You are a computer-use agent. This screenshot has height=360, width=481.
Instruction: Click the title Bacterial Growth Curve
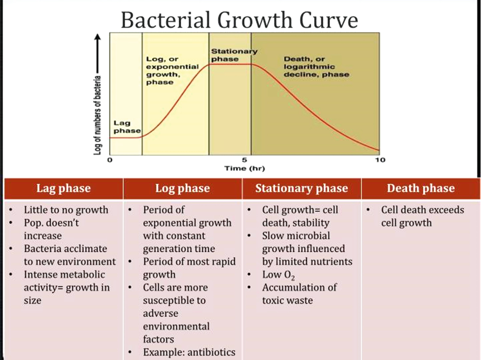tap(239, 20)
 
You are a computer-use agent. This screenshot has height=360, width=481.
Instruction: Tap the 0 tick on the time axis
tap(110, 160)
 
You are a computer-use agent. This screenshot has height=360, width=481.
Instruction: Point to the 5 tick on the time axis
tap(245, 160)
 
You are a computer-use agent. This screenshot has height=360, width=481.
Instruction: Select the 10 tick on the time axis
tap(380, 160)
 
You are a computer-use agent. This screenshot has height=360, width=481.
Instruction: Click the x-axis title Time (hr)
tap(245, 169)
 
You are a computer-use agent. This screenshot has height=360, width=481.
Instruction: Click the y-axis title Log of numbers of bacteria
tap(97, 115)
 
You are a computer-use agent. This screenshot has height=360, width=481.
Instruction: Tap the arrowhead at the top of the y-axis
tap(98, 37)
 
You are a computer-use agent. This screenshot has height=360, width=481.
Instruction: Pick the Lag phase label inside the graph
tap(127, 127)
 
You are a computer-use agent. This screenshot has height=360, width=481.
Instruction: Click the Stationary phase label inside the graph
tap(234, 55)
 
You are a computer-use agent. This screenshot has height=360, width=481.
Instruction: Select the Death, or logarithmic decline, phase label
tap(316, 66)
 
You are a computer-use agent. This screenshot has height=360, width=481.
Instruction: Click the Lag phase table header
tap(64, 188)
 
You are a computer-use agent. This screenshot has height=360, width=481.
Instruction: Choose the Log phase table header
tap(182, 188)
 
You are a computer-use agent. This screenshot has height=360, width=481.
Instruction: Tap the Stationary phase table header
tap(301, 188)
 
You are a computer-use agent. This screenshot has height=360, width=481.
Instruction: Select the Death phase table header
tap(421, 188)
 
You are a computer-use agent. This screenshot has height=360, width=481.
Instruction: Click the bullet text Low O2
tap(278, 275)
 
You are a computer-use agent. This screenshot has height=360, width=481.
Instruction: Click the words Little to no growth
tap(66, 210)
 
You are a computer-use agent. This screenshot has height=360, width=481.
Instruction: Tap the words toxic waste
tap(287, 300)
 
